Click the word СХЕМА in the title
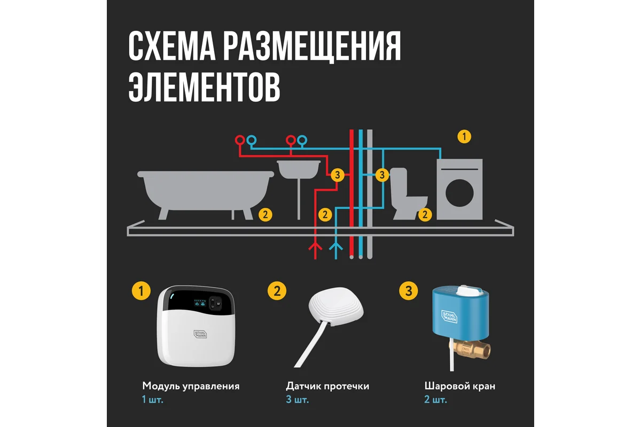pos(171,46)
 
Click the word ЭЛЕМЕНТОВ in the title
pos(204,86)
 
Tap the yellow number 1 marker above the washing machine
pos(464,137)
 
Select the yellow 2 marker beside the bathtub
pos(265,215)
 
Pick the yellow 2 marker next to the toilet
pos(425,215)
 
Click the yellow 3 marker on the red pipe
pos(338,175)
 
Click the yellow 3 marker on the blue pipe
pos(382,175)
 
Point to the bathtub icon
pos(206,194)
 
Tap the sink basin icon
pos(299,169)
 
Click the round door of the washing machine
pos(459,193)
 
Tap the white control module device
pos(197,326)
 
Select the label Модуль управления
pos(191,386)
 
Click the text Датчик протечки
pos(327,386)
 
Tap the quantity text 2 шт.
pos(435,400)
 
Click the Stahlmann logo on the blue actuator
pos(449,317)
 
